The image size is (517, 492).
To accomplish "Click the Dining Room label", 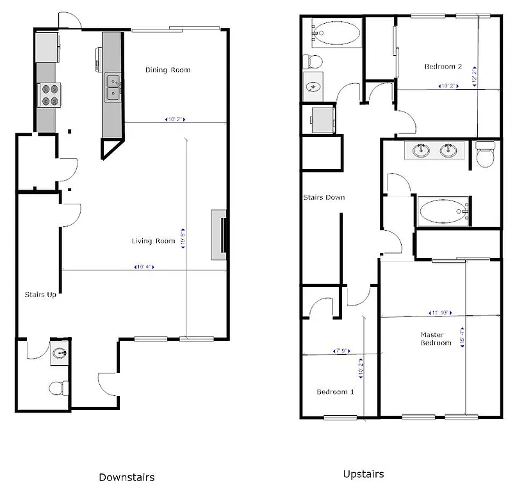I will pyautogui.click(x=167, y=70).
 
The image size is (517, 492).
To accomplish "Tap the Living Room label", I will pyautogui.click(x=153, y=241).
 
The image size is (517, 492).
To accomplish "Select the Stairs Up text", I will pyautogui.click(x=39, y=295).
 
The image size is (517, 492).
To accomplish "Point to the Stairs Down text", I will pyautogui.click(x=324, y=197).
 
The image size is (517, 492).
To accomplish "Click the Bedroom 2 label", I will pyautogui.click(x=443, y=67).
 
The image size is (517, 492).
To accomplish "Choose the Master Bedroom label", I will pyautogui.click(x=436, y=339).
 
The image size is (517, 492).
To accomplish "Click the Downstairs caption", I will pyautogui.click(x=126, y=477).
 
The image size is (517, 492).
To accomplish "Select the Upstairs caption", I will pyautogui.click(x=363, y=475).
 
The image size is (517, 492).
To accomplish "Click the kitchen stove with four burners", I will pyautogui.click(x=48, y=95).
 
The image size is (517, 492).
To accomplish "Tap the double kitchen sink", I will pyautogui.click(x=113, y=87).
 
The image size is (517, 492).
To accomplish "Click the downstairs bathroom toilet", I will pyautogui.click(x=57, y=388).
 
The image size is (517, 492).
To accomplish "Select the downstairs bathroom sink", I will pyautogui.click(x=61, y=354).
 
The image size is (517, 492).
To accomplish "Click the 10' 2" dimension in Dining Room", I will pyautogui.click(x=174, y=119).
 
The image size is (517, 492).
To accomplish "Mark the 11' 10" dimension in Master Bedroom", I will pyautogui.click(x=439, y=313).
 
